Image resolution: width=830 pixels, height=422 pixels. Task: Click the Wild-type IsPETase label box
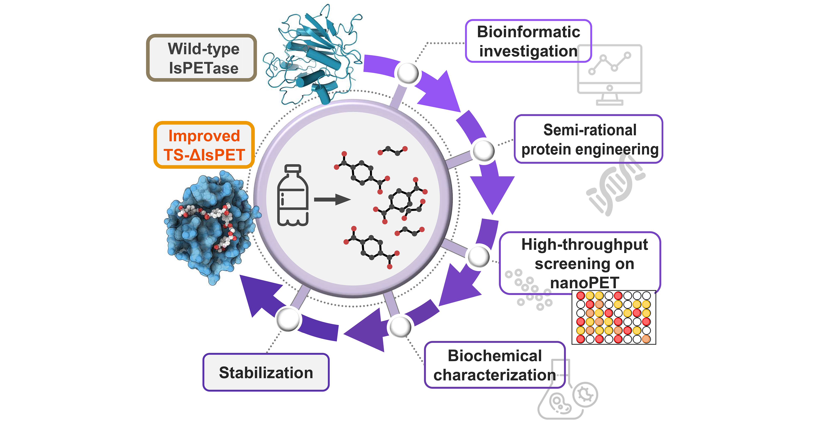202,58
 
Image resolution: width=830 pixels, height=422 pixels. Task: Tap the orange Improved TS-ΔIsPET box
204,145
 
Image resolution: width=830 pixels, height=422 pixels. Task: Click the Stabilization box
266,372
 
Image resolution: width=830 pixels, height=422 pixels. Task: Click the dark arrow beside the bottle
332,200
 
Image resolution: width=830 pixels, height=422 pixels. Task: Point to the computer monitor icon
610,74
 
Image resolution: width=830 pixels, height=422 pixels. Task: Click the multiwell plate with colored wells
614,317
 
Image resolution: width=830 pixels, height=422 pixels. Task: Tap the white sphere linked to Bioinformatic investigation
408,73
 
